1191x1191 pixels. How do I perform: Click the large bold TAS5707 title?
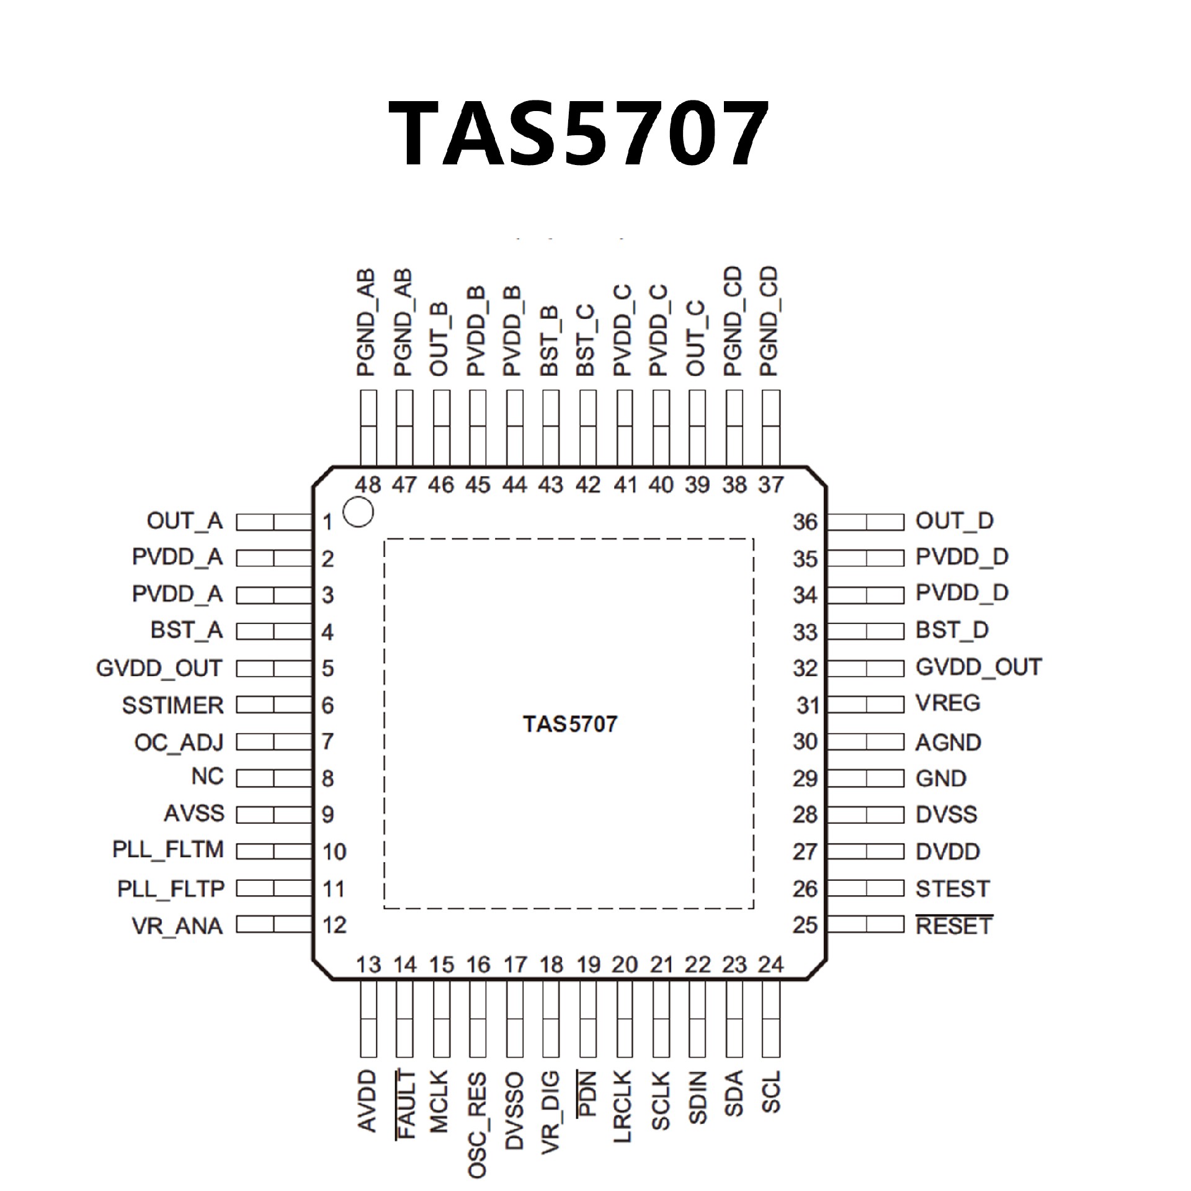click(x=578, y=134)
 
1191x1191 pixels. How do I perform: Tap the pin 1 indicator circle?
click(x=358, y=512)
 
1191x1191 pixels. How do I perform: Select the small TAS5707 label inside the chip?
click(x=570, y=724)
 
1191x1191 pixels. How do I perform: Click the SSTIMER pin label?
click(x=172, y=705)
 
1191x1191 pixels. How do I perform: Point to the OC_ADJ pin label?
click(x=179, y=742)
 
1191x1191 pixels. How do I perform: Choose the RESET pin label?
click(x=954, y=926)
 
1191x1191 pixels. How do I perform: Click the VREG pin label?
click(x=948, y=703)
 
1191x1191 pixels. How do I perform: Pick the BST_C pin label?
click(x=586, y=341)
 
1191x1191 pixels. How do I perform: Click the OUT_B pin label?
click(x=440, y=341)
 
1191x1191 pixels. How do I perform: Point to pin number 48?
click(x=368, y=484)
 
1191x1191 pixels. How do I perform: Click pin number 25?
click(x=805, y=925)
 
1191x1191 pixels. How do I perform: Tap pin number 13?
click(x=368, y=965)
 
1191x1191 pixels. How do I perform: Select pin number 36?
click(x=805, y=522)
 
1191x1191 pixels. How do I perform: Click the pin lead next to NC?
click(x=274, y=778)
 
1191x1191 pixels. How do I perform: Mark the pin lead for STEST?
click(x=866, y=888)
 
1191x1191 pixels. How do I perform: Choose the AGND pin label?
click(x=948, y=742)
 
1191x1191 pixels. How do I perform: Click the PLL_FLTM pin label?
click(x=168, y=849)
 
